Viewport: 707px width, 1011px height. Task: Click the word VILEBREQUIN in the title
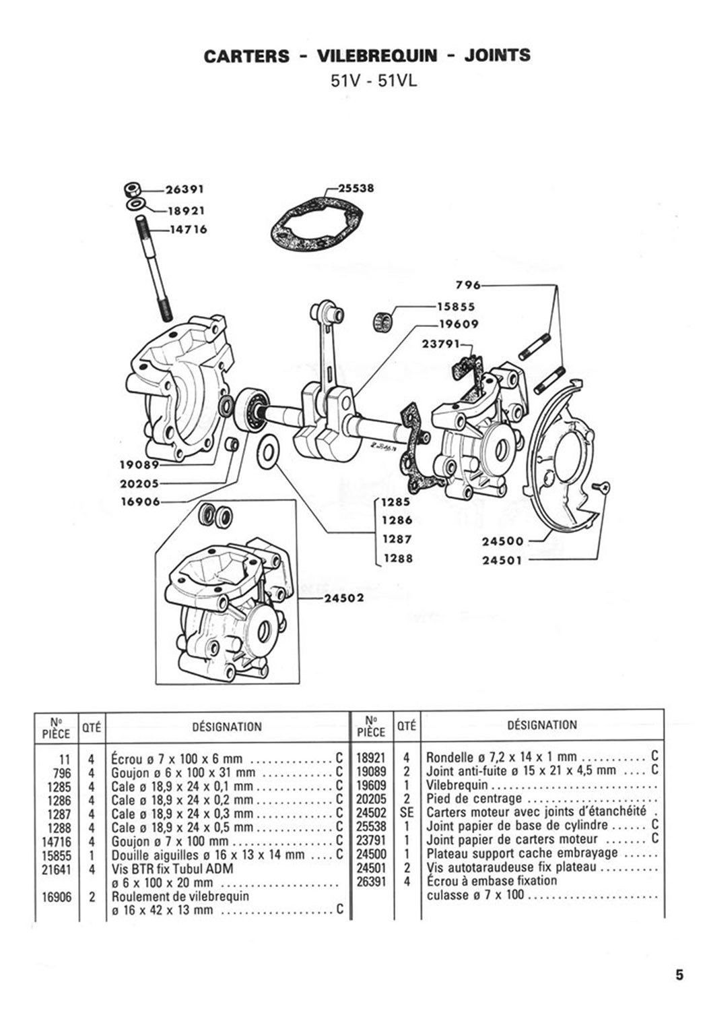377,55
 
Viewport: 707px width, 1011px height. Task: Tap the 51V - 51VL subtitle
374,82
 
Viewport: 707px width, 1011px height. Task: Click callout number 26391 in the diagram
185,189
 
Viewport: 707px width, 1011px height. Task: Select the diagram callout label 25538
356,188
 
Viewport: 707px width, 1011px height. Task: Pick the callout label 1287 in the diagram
397,539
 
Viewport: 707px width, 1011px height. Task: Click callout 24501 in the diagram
502,561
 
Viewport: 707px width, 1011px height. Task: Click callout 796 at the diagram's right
468,286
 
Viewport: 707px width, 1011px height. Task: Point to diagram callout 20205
140,484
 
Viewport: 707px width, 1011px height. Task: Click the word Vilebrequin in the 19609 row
457,785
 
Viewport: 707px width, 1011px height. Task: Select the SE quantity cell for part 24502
407,813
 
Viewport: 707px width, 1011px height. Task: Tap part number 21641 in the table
57,868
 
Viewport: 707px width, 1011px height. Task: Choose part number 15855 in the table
57,855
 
